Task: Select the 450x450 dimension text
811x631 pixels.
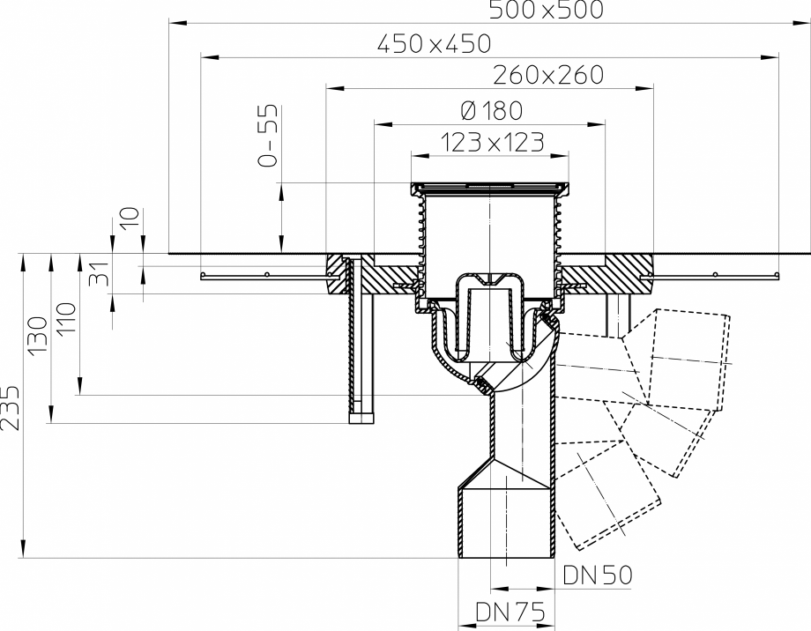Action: tap(433, 42)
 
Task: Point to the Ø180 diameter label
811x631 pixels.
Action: tap(491, 110)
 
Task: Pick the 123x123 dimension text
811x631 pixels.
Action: tap(490, 142)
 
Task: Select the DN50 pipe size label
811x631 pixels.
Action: tap(598, 575)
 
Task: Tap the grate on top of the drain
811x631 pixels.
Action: tap(489, 187)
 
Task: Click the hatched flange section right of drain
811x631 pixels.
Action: tap(617, 272)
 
